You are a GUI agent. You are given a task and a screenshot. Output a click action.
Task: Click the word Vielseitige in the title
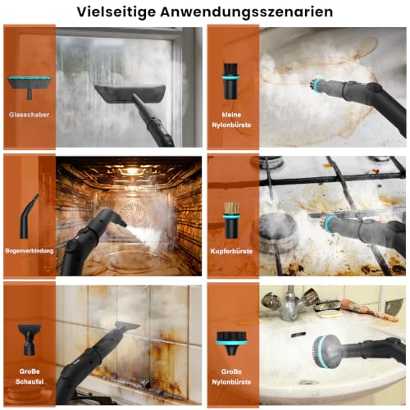tap(116, 12)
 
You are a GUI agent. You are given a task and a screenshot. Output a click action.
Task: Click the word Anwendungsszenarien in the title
tap(247, 12)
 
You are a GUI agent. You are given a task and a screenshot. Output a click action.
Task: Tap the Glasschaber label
tap(30, 115)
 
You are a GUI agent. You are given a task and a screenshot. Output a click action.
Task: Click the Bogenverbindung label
tap(30, 251)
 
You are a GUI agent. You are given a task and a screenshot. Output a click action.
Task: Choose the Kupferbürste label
tap(231, 251)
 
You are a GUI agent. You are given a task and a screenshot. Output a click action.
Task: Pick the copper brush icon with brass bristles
tap(231, 220)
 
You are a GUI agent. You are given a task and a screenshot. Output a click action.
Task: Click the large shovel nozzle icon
tap(30, 339)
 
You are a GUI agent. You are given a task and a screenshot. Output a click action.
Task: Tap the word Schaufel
tap(30, 381)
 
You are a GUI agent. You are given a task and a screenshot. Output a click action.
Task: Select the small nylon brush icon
tap(231, 81)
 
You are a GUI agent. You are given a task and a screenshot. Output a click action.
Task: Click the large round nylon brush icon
tap(231, 343)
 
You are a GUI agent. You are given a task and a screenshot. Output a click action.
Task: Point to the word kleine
tap(231, 115)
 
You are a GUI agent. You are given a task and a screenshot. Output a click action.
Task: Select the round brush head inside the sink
tap(327, 351)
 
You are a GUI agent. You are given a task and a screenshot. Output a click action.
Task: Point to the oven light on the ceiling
tap(132, 171)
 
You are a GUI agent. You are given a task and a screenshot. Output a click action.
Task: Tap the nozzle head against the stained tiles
tap(127, 327)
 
